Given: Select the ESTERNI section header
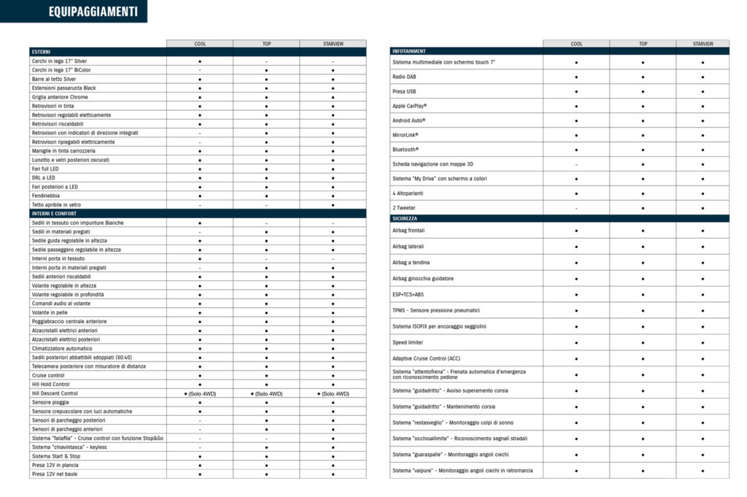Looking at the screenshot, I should [x=42, y=52].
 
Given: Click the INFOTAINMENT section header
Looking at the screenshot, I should [x=409, y=52].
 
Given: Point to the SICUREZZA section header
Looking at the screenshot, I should [x=406, y=218].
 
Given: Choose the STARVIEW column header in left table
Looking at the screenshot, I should [x=333, y=44].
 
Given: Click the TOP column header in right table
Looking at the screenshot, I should [x=643, y=44].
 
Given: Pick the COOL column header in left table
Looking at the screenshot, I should [x=200, y=44].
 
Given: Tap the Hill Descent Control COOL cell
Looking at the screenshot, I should [x=200, y=393].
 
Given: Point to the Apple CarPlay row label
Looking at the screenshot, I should [x=409, y=106].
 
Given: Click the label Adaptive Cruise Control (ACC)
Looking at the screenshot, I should [x=427, y=358].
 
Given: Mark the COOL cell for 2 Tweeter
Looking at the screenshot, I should [x=576, y=208].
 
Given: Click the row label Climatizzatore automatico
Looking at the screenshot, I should [x=62, y=348].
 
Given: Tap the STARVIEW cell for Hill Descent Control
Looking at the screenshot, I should [x=333, y=393].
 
